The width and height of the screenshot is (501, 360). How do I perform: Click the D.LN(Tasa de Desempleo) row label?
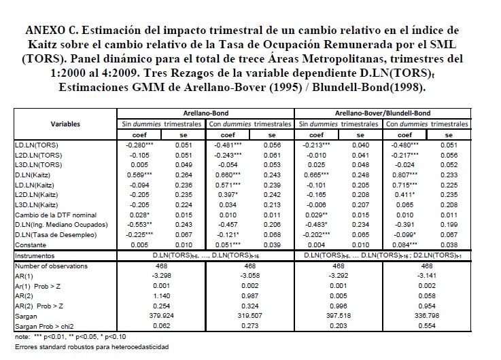coord(49,234)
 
